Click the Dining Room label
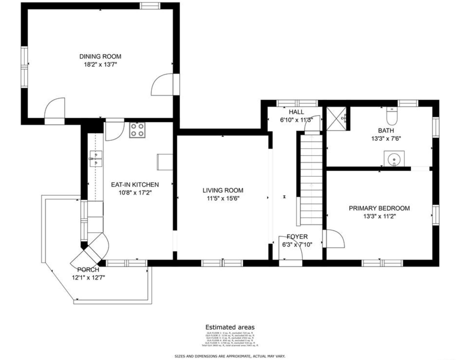(x=100, y=56)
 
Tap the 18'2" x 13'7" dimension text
(x=100, y=64)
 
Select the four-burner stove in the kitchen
(x=137, y=130)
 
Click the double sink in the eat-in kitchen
(x=96, y=159)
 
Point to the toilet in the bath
(x=391, y=116)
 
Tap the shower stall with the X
(x=336, y=118)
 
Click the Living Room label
(x=223, y=190)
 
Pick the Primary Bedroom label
(x=379, y=208)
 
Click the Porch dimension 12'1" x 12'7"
(x=88, y=277)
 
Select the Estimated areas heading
(x=230, y=327)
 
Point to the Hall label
(x=296, y=112)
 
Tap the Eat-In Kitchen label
(x=135, y=185)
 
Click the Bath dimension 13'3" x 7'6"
(x=386, y=139)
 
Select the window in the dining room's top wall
(x=150, y=6)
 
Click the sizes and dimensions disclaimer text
(x=230, y=356)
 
